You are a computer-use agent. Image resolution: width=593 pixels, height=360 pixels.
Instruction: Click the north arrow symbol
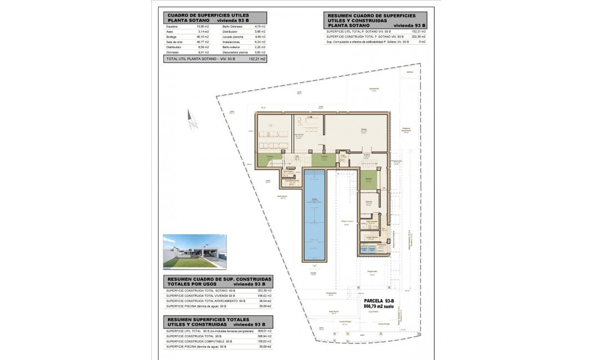click(193, 120)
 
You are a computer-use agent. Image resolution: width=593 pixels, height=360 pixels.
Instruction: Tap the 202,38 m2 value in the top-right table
click(417, 37)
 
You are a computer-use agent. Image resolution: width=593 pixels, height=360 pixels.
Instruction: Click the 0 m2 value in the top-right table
click(422, 42)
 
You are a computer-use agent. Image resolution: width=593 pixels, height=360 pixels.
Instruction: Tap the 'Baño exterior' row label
click(232, 47)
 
